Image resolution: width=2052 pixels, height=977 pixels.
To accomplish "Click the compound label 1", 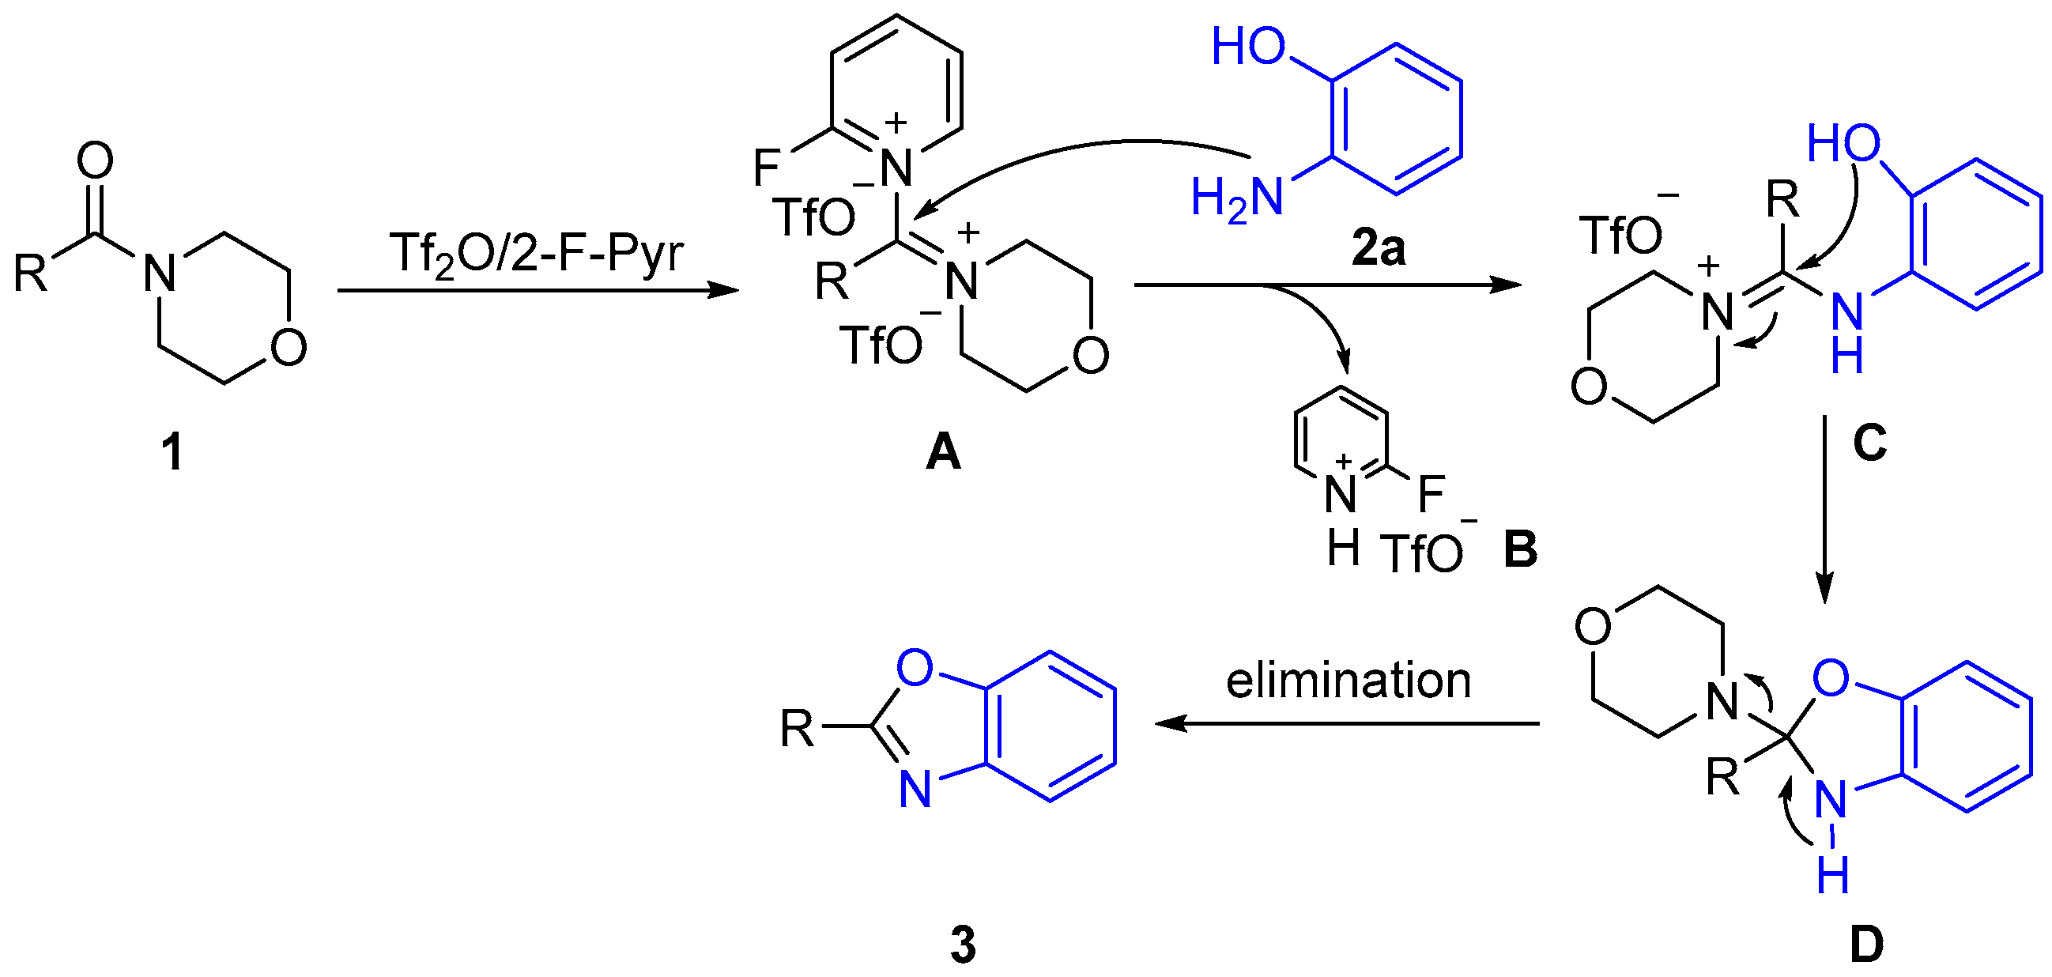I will tap(172, 452).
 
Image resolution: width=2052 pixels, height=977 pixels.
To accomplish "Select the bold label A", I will tap(943, 453).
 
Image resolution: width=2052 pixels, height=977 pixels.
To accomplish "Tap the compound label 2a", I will tap(1379, 250).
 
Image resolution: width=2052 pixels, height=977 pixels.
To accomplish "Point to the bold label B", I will tap(1520, 549).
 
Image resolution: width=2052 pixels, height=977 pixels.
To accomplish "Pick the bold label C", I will tap(1869, 443).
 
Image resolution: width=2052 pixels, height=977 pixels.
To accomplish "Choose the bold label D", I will tap(1866, 945).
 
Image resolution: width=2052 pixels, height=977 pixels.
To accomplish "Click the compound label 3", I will tap(963, 945).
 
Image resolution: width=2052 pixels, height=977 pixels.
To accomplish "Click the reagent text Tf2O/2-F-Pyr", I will tap(536, 255).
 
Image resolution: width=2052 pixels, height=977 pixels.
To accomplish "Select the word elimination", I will tap(1348, 681).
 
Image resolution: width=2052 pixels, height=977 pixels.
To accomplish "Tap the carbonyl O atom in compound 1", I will tap(95, 160).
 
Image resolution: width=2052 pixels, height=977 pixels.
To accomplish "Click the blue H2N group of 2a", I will tap(1237, 198).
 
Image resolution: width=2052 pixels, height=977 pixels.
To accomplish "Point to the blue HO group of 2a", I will tap(1248, 47).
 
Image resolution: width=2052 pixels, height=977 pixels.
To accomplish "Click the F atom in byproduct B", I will tap(1431, 493).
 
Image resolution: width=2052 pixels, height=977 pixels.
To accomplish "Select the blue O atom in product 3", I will tap(915, 668).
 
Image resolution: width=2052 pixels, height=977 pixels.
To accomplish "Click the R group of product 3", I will tap(798, 728).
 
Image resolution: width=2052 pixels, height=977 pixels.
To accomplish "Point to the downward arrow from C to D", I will tap(1824, 509).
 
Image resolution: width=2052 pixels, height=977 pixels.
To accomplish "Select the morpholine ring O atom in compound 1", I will tap(289, 347).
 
